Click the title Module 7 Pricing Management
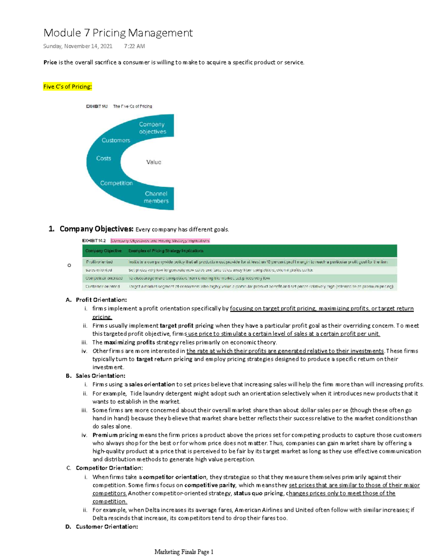coord(118,33)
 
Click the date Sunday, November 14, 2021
coord(78,46)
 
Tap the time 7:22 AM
coord(134,46)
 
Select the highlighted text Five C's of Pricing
coord(67,86)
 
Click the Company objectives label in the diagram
coord(153,128)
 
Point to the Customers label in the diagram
coord(116,140)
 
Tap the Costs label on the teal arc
coord(104,158)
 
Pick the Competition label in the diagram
coord(116,183)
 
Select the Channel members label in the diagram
coord(156,197)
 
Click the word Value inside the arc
coord(154,162)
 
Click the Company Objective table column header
coord(104,251)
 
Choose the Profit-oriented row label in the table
coord(99,262)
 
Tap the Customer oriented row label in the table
coord(102,287)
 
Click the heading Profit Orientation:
coord(101,300)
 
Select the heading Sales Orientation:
coord(100,376)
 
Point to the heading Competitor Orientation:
coord(109,468)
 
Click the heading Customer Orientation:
coord(107,527)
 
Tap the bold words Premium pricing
coord(115,435)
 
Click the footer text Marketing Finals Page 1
coord(184,552)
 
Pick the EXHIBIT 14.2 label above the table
coord(94,241)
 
